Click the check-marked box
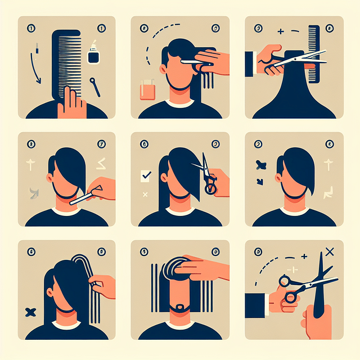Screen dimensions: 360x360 pos(145,175)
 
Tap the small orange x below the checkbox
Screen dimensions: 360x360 pos(146,195)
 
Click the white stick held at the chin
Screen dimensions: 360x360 pos(84,195)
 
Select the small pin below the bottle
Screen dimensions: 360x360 pos(94,87)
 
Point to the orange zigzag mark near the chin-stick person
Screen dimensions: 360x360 pos(100,164)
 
